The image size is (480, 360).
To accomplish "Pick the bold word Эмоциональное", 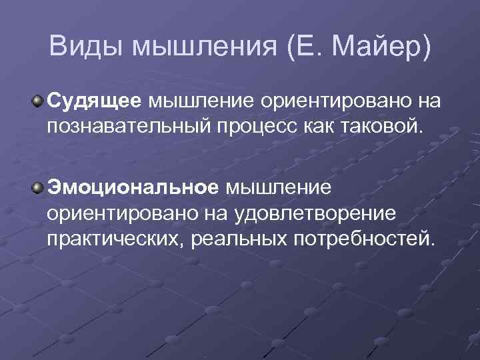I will (x=132, y=187).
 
